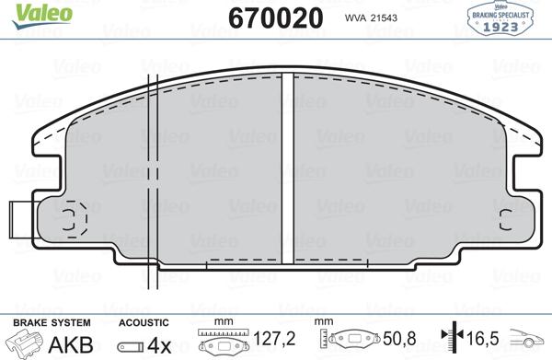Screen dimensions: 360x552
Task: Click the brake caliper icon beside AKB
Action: pyautogui.click(x=26, y=343)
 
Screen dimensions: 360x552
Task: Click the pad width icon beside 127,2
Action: pyautogui.click(x=225, y=343)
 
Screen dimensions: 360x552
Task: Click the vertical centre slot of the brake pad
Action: pyautogui.click(x=287, y=166)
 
